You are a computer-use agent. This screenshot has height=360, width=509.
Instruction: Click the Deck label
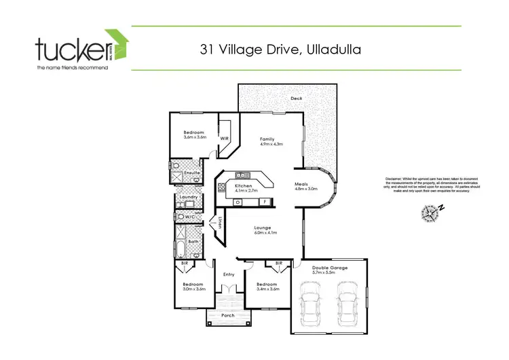[x=296, y=98]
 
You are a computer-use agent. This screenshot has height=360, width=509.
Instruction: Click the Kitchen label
[x=244, y=185]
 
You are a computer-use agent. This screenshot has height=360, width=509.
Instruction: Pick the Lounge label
[x=263, y=228]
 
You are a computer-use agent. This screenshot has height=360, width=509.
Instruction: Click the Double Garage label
[x=330, y=268]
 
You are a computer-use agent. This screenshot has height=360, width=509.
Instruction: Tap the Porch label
[x=228, y=315]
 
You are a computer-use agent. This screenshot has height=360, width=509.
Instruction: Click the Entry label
[x=228, y=274]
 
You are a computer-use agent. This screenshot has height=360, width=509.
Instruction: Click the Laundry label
[x=188, y=197]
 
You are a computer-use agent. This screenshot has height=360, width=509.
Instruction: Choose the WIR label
[x=225, y=139]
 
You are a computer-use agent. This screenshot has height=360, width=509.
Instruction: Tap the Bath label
[x=193, y=241]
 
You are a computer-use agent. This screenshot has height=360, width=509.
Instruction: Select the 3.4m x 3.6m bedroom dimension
[x=267, y=289]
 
